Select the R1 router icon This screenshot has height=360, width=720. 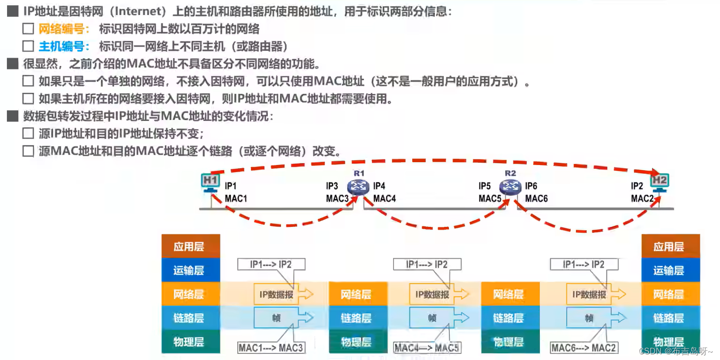pyautogui.click(x=359, y=186)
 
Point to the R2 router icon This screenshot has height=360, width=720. pyautogui.click(x=510, y=186)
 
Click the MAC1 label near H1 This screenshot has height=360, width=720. pyautogui.click(x=235, y=199)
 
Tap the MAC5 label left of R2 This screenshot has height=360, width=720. pyautogui.click(x=490, y=199)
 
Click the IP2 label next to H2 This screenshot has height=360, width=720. pyautogui.click(x=637, y=186)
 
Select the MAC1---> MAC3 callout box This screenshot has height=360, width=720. pyautogui.click(x=271, y=348)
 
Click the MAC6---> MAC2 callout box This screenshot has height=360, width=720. pyautogui.click(x=584, y=348)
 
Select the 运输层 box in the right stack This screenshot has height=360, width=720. pyautogui.click(x=668, y=270)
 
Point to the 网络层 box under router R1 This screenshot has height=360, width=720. pyautogui.click(x=356, y=294)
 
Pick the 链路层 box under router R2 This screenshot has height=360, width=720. pyautogui.click(x=508, y=318)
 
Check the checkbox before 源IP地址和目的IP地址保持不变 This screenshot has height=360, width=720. pyautogui.click(x=28, y=134)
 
